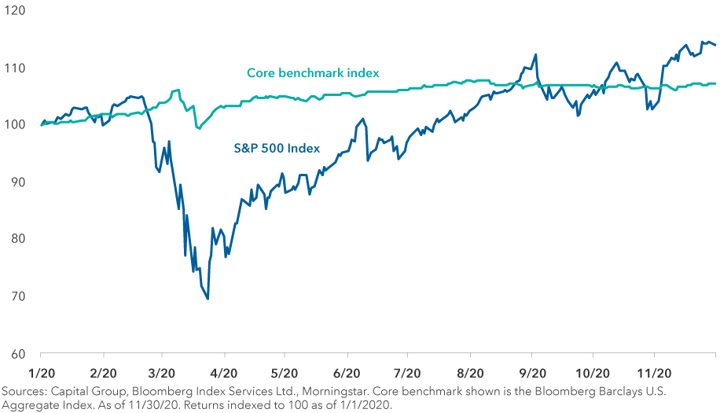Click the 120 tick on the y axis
[x=16, y=11]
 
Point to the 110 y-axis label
[x=16, y=68]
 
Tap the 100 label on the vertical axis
[x=16, y=125]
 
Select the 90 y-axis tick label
[x=17, y=182]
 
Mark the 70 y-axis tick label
[x=17, y=296]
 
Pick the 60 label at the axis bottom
[x=17, y=353]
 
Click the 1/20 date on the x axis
[x=41, y=371]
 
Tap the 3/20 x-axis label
[x=162, y=371]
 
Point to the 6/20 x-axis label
[x=347, y=371]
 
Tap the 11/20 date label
[x=653, y=371]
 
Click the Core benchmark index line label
[x=313, y=73]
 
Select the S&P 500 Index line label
[x=277, y=147]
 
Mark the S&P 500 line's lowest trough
[x=208, y=299]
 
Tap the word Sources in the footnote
[x=23, y=390]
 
